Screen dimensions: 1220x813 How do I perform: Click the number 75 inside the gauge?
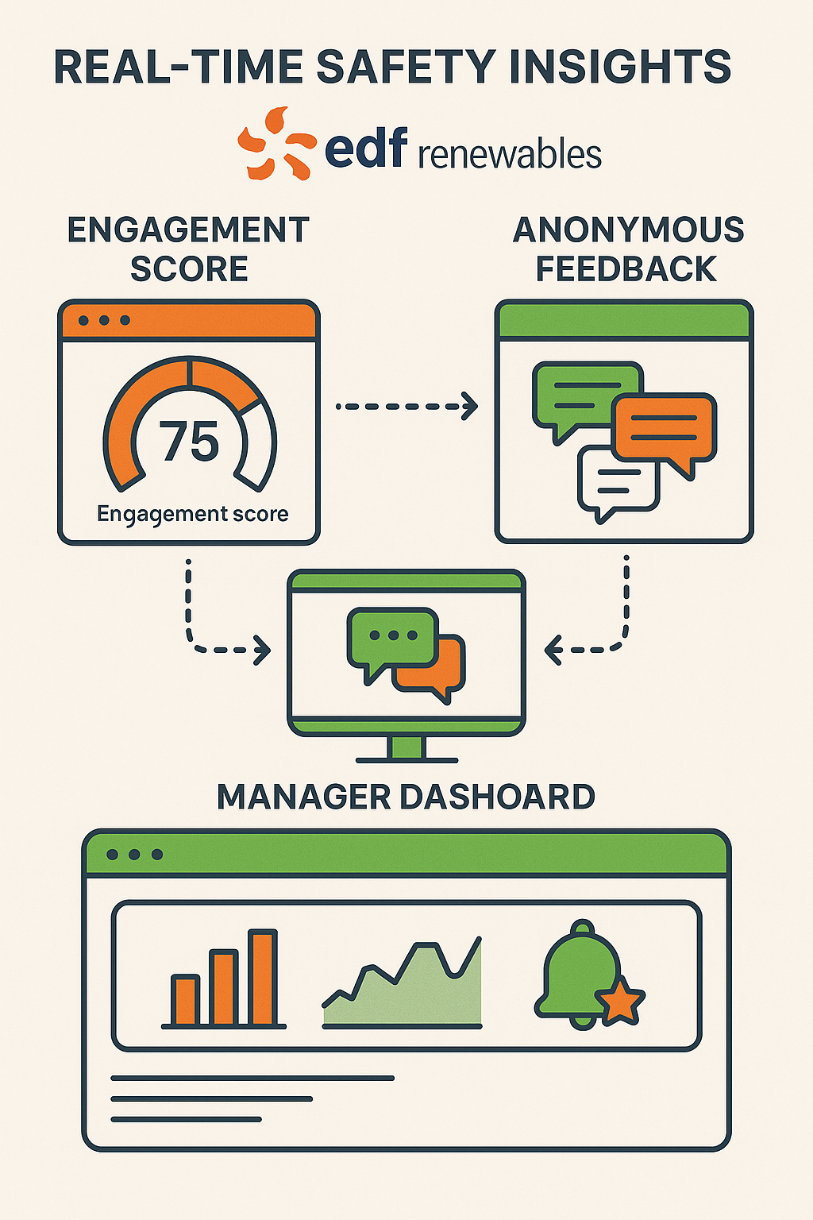189,442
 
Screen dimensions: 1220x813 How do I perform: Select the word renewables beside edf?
509,154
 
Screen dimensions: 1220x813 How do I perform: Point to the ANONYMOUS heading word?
628,230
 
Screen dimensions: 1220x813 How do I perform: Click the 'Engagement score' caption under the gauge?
192,514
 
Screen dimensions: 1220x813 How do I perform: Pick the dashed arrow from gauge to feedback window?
406,406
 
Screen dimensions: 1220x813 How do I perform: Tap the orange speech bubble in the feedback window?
664,429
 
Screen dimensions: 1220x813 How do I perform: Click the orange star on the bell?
620,1002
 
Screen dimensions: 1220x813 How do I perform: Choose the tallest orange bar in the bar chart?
263,978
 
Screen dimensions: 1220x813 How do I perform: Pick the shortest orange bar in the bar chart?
186,1001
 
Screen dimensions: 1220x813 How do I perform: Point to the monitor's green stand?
406,747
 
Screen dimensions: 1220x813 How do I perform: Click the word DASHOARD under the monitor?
496,797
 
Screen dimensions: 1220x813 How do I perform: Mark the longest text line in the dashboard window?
252,1078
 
